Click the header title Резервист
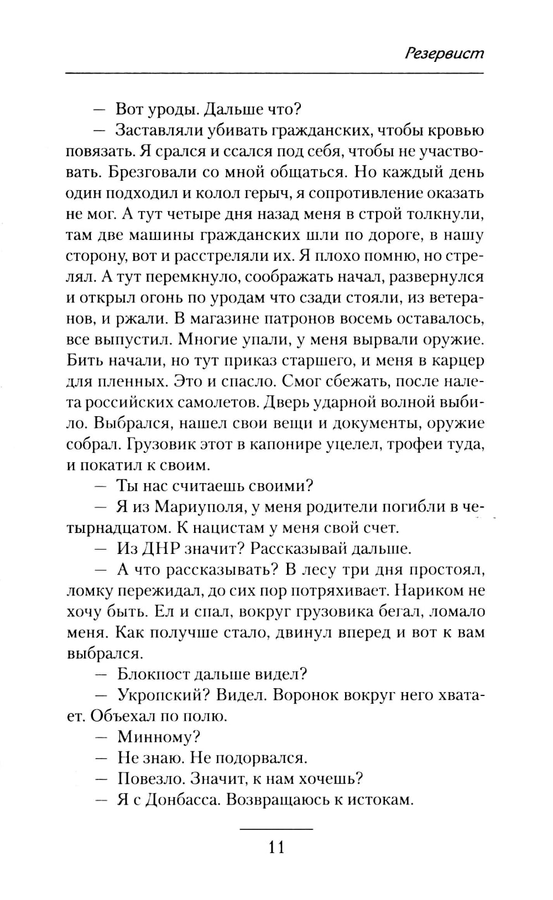coord(444,53)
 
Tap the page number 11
coord(276,846)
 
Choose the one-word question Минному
coord(159,737)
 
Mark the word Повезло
coord(149,779)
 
